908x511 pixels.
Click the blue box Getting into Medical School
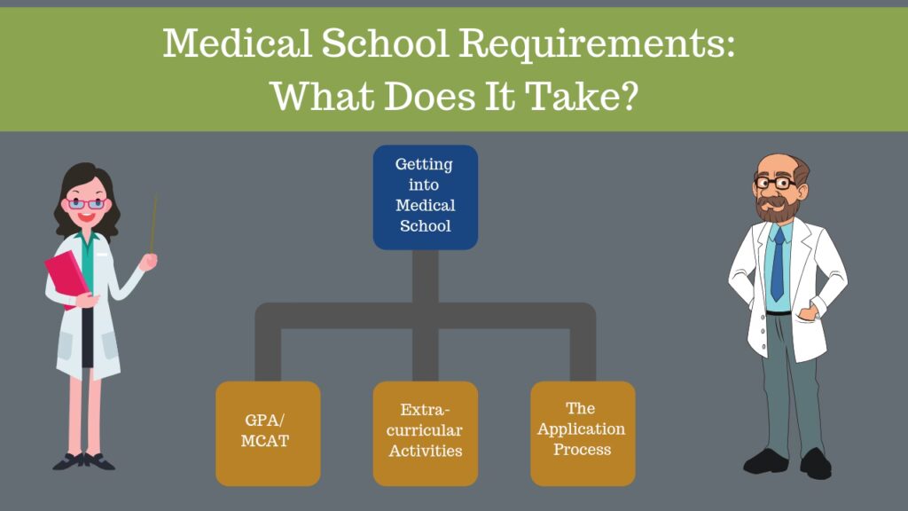point(425,197)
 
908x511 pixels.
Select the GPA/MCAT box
point(268,433)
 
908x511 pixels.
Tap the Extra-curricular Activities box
point(425,433)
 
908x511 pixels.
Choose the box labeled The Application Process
point(583,433)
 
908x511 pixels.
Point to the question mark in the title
point(627,95)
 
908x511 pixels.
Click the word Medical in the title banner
point(238,43)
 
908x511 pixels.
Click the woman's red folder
point(67,278)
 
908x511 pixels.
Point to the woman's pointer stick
point(153,224)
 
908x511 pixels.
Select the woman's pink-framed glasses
point(86,204)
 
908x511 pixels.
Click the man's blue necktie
point(778,263)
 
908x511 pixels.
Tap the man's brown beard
point(778,208)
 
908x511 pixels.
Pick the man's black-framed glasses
point(776,183)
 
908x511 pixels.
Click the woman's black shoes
point(84,461)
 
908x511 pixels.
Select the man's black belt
point(779,313)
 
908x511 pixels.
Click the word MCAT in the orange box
point(264,441)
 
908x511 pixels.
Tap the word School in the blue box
point(425,226)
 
